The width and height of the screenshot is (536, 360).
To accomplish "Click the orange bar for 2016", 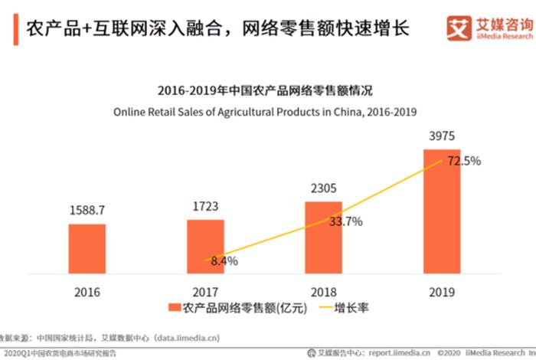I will coord(87,248).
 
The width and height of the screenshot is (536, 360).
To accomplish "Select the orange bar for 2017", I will coord(205,246).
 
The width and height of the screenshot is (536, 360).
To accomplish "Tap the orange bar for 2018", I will coord(324,237).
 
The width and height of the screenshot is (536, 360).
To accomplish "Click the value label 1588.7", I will coord(87,208).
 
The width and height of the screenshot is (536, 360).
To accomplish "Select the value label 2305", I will coord(324,186).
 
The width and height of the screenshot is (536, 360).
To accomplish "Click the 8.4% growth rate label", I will coord(224,261).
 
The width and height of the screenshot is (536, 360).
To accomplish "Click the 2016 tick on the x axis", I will coord(87,292).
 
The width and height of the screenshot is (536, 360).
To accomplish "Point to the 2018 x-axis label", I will coord(324,292).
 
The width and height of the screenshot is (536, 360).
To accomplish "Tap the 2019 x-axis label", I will coord(442,292).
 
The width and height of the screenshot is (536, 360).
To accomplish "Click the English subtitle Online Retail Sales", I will coord(264,111).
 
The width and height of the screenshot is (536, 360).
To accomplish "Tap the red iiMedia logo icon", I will coord(459,29).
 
